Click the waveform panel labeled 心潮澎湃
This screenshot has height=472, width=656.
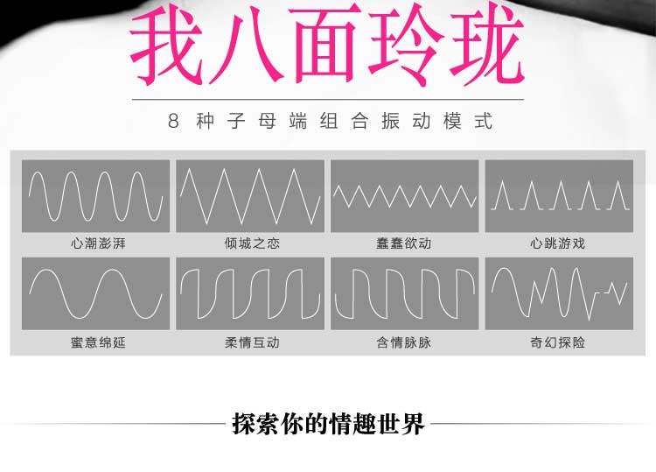95,196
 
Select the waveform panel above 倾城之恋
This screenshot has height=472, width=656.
250,196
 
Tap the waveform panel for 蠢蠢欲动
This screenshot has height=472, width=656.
404,196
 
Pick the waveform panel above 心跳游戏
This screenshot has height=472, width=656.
558,196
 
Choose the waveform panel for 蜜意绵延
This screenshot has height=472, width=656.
95,293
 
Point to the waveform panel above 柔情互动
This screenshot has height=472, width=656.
250,293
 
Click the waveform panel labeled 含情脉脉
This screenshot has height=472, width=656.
404,293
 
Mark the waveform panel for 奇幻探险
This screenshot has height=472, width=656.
558,293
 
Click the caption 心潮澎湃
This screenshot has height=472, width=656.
98,243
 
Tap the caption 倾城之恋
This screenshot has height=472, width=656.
252,243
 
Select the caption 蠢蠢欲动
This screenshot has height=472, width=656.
404,243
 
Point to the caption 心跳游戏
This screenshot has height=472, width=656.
557,243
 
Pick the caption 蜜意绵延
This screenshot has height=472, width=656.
98,342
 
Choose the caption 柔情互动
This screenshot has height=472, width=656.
252,342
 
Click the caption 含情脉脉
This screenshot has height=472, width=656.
404,342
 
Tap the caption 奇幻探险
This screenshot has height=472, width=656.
557,342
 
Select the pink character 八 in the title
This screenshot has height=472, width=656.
252,48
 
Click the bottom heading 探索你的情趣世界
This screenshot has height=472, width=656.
328,424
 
